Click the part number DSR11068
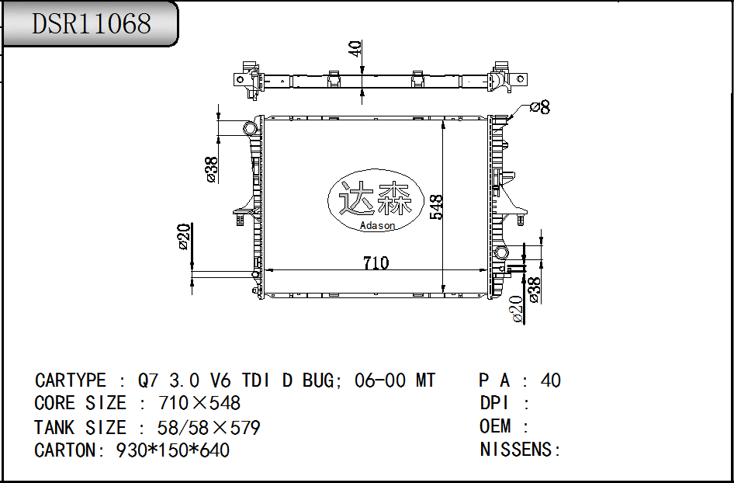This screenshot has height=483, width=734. [x=91, y=23]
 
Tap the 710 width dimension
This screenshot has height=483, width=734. [x=376, y=262]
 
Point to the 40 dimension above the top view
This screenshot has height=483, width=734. [x=355, y=49]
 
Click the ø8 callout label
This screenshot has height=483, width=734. [x=539, y=108]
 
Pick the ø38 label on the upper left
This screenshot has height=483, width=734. [x=211, y=169]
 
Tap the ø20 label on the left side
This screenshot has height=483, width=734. [x=184, y=237]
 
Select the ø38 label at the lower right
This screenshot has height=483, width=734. [x=535, y=289]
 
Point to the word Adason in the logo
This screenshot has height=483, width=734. [x=378, y=226]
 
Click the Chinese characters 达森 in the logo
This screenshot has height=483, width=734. [x=377, y=200]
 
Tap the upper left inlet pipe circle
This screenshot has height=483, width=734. [x=250, y=127]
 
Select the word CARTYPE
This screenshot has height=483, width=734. [x=71, y=380]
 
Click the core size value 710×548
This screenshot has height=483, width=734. [x=199, y=403]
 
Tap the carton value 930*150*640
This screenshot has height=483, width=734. [x=172, y=450]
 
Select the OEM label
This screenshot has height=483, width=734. [x=495, y=426]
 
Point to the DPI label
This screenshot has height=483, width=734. [x=494, y=403]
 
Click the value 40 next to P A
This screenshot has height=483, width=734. [x=550, y=380]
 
